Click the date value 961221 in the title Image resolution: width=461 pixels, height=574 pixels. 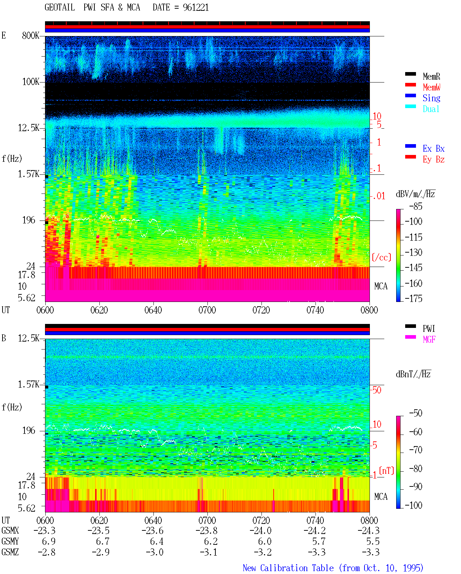pos(196,8)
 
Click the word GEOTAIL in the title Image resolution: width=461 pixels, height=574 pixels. pos(59,8)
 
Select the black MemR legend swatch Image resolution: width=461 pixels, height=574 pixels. pos(410,74)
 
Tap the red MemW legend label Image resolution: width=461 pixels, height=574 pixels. pos(431,87)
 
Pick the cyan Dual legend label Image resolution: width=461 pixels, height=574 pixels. pos(431,109)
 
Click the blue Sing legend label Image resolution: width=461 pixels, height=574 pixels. pos(431,98)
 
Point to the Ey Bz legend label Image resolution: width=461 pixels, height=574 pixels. pos(433,159)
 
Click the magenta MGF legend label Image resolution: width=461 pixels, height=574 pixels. pos(429,339)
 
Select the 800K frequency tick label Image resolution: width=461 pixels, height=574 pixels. pos(31,35)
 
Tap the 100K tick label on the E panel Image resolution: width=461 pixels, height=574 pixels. pos(31,82)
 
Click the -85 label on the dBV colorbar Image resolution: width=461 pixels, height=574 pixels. pos(416,206)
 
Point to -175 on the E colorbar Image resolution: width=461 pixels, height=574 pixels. pos(413,298)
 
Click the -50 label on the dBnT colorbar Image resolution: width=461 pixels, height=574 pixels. pos(416,413)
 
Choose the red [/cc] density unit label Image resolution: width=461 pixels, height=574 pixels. pos(381,257)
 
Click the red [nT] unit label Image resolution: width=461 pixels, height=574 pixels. pos(386,471)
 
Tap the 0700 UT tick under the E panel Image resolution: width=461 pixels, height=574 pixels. pos(207,310)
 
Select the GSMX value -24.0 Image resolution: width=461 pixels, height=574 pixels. pos(260,530)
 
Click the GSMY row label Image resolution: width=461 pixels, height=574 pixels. pos(10,541)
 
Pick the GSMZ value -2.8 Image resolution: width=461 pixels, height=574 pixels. pos(46,552)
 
